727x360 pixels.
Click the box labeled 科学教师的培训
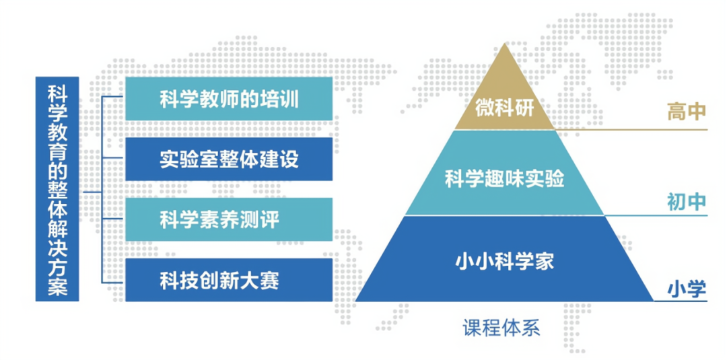pos(229,99)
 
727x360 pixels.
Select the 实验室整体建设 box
pos(229,159)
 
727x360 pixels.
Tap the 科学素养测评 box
pos(229,219)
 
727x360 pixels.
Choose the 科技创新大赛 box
pos(229,279)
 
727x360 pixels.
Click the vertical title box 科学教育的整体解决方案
pos(57,189)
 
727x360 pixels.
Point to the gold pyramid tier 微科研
pos(504,101)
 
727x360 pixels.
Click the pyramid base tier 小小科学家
pos(504,259)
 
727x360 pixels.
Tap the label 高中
pos(686,112)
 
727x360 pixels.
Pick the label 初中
pos(686,202)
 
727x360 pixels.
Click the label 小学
pos(686,289)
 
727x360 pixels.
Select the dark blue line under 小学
pos(680,301)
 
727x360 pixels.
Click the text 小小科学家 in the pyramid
pos(504,260)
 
